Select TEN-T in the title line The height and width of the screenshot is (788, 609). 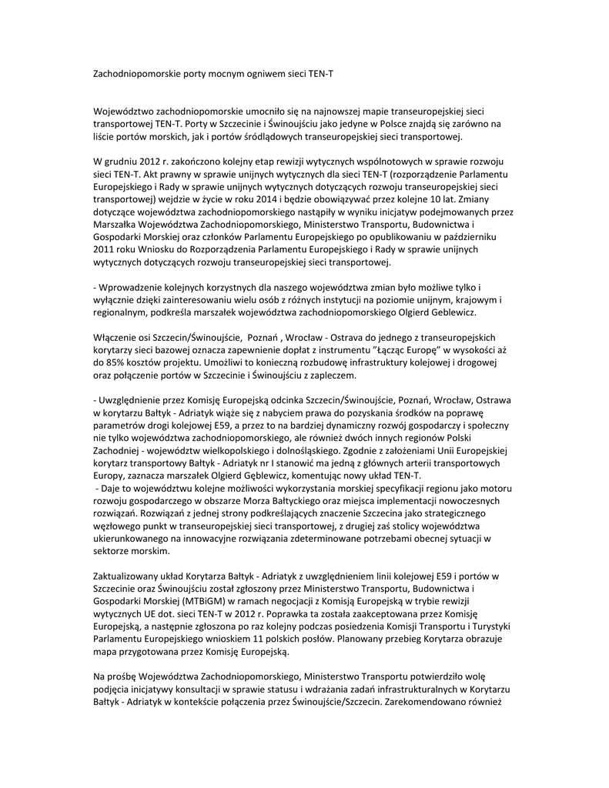319,72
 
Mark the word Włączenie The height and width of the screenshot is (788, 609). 117,338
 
